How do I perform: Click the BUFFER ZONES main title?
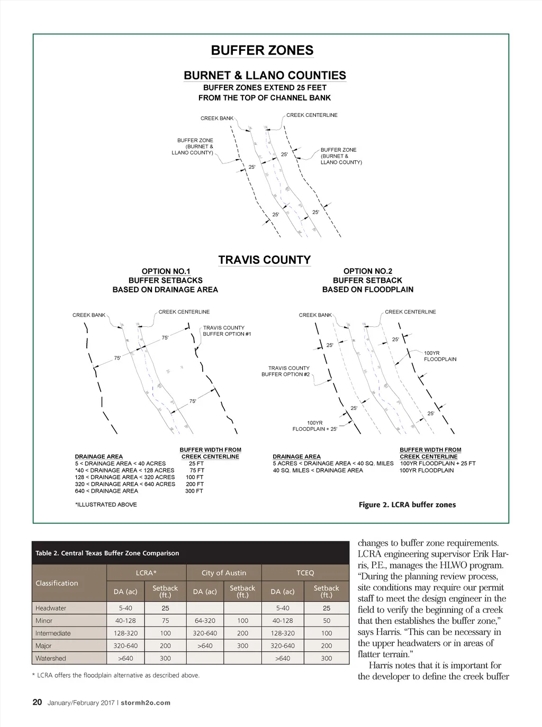pyautogui.click(x=262, y=51)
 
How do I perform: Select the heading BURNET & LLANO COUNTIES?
pyautogui.click(x=265, y=76)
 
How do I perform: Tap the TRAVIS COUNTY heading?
pyautogui.click(x=265, y=260)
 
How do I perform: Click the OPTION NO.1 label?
pyautogui.click(x=166, y=271)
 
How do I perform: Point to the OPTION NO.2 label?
pyautogui.click(x=368, y=271)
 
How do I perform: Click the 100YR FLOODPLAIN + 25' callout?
pyautogui.click(x=315, y=426)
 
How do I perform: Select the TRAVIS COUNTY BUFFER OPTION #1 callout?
pyautogui.click(x=227, y=331)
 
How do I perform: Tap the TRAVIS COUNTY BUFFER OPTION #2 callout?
pyautogui.click(x=286, y=371)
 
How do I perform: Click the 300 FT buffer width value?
pyautogui.click(x=194, y=491)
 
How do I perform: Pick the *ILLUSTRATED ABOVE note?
pyautogui.click(x=106, y=505)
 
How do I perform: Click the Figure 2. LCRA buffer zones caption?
pyautogui.click(x=407, y=505)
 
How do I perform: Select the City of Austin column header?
pyautogui.click(x=224, y=573)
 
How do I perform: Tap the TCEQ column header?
pyautogui.click(x=305, y=573)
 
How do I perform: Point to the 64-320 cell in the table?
pyautogui.click(x=205, y=621)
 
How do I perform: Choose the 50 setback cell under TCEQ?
pyautogui.click(x=327, y=621)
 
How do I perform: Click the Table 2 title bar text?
pyautogui.click(x=107, y=554)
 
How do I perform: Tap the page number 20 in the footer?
pyautogui.click(x=37, y=703)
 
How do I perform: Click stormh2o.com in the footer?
pyautogui.click(x=146, y=703)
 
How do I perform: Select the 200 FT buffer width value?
pyautogui.click(x=195, y=484)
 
